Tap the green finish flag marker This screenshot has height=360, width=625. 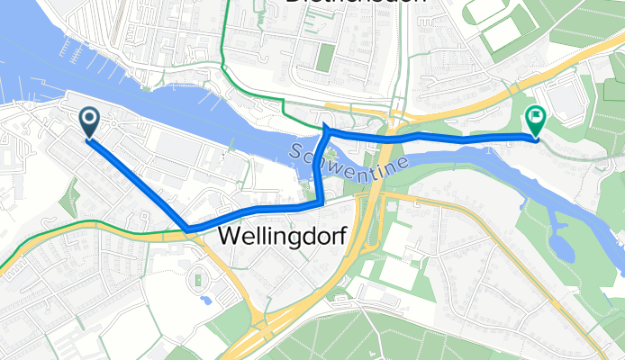[535, 119]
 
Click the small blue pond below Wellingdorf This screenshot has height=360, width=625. [207, 298]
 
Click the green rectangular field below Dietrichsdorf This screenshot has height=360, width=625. [325, 58]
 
